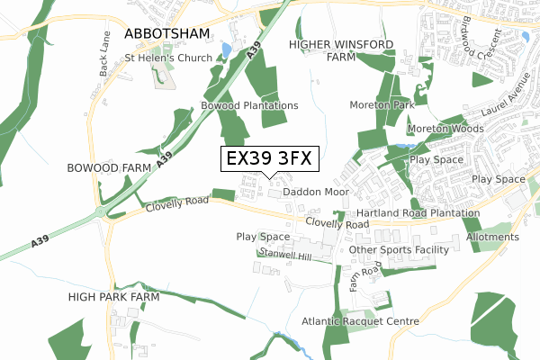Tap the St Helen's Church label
point(168,58)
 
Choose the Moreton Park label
point(382,105)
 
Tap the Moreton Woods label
point(445,129)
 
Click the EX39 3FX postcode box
point(268,158)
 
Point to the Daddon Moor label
point(315,193)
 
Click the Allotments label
point(492,237)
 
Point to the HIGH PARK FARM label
point(113,296)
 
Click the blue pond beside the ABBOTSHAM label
point(226,47)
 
